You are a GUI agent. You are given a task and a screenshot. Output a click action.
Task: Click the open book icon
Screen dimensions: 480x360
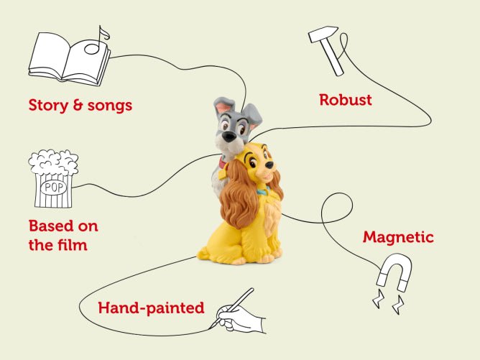(x=69, y=60)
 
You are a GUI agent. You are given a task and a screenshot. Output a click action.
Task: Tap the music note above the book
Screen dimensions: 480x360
(x=97, y=42)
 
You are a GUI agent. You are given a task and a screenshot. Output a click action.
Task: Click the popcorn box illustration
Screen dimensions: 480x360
(x=53, y=178)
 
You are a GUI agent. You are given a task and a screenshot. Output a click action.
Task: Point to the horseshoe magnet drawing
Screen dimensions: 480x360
(x=394, y=271)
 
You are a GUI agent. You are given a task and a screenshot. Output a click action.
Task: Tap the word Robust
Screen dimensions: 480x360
(x=346, y=100)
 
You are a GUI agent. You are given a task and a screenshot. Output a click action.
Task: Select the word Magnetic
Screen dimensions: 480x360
(x=398, y=237)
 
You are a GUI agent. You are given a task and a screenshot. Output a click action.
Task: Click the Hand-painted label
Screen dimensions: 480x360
(x=151, y=308)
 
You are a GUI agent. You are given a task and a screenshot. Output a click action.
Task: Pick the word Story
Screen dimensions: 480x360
(x=48, y=106)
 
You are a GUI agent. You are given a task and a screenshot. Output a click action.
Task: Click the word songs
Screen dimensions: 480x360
(x=110, y=106)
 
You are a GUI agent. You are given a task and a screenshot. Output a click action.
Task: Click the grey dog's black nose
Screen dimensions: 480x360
(x=229, y=137)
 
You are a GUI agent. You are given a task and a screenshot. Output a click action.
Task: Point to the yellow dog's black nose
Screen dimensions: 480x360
(x=269, y=165)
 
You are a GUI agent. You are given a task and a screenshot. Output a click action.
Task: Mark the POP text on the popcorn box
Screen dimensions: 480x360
(x=54, y=187)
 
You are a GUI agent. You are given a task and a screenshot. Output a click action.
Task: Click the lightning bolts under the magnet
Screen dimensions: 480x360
(x=388, y=301)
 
